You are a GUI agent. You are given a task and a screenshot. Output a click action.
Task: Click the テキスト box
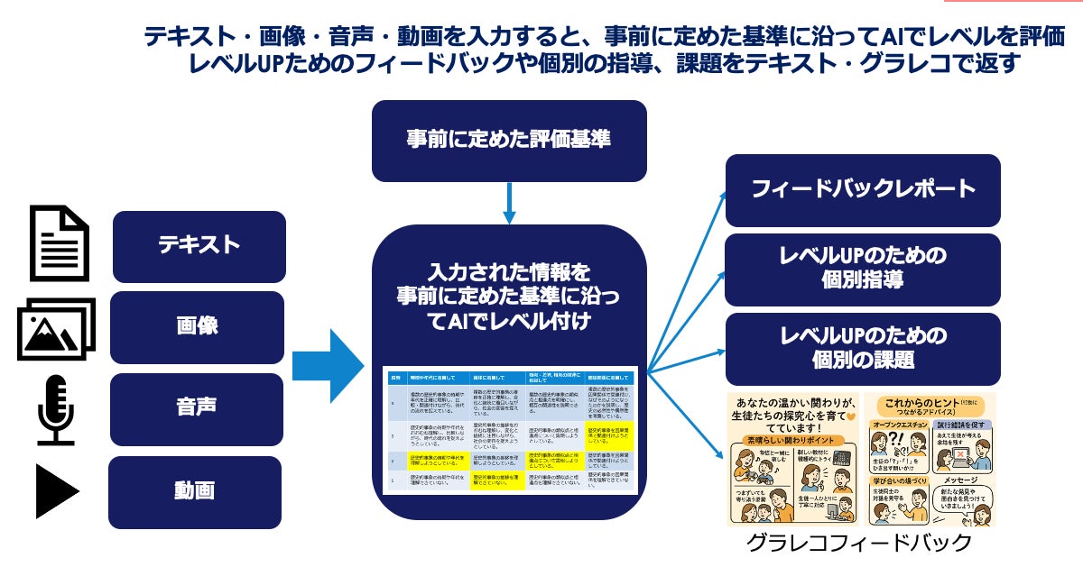tap(199, 246)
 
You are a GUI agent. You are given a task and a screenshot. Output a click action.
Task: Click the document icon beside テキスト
tap(60, 243)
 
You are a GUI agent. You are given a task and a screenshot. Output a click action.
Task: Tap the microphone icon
tap(55, 410)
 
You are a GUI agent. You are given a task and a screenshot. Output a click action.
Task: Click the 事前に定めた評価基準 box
tap(509, 141)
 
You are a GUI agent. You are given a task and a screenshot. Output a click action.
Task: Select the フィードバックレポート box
tap(863, 190)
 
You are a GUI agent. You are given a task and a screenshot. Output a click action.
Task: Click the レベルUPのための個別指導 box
tap(863, 269)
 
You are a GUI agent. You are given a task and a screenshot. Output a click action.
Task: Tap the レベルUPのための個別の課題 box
tap(863, 348)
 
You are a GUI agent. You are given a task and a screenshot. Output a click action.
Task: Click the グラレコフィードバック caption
tap(859, 544)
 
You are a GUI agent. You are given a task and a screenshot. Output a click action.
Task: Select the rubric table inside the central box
tap(510, 430)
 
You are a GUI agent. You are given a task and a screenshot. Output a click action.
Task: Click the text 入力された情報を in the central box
tap(509, 271)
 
